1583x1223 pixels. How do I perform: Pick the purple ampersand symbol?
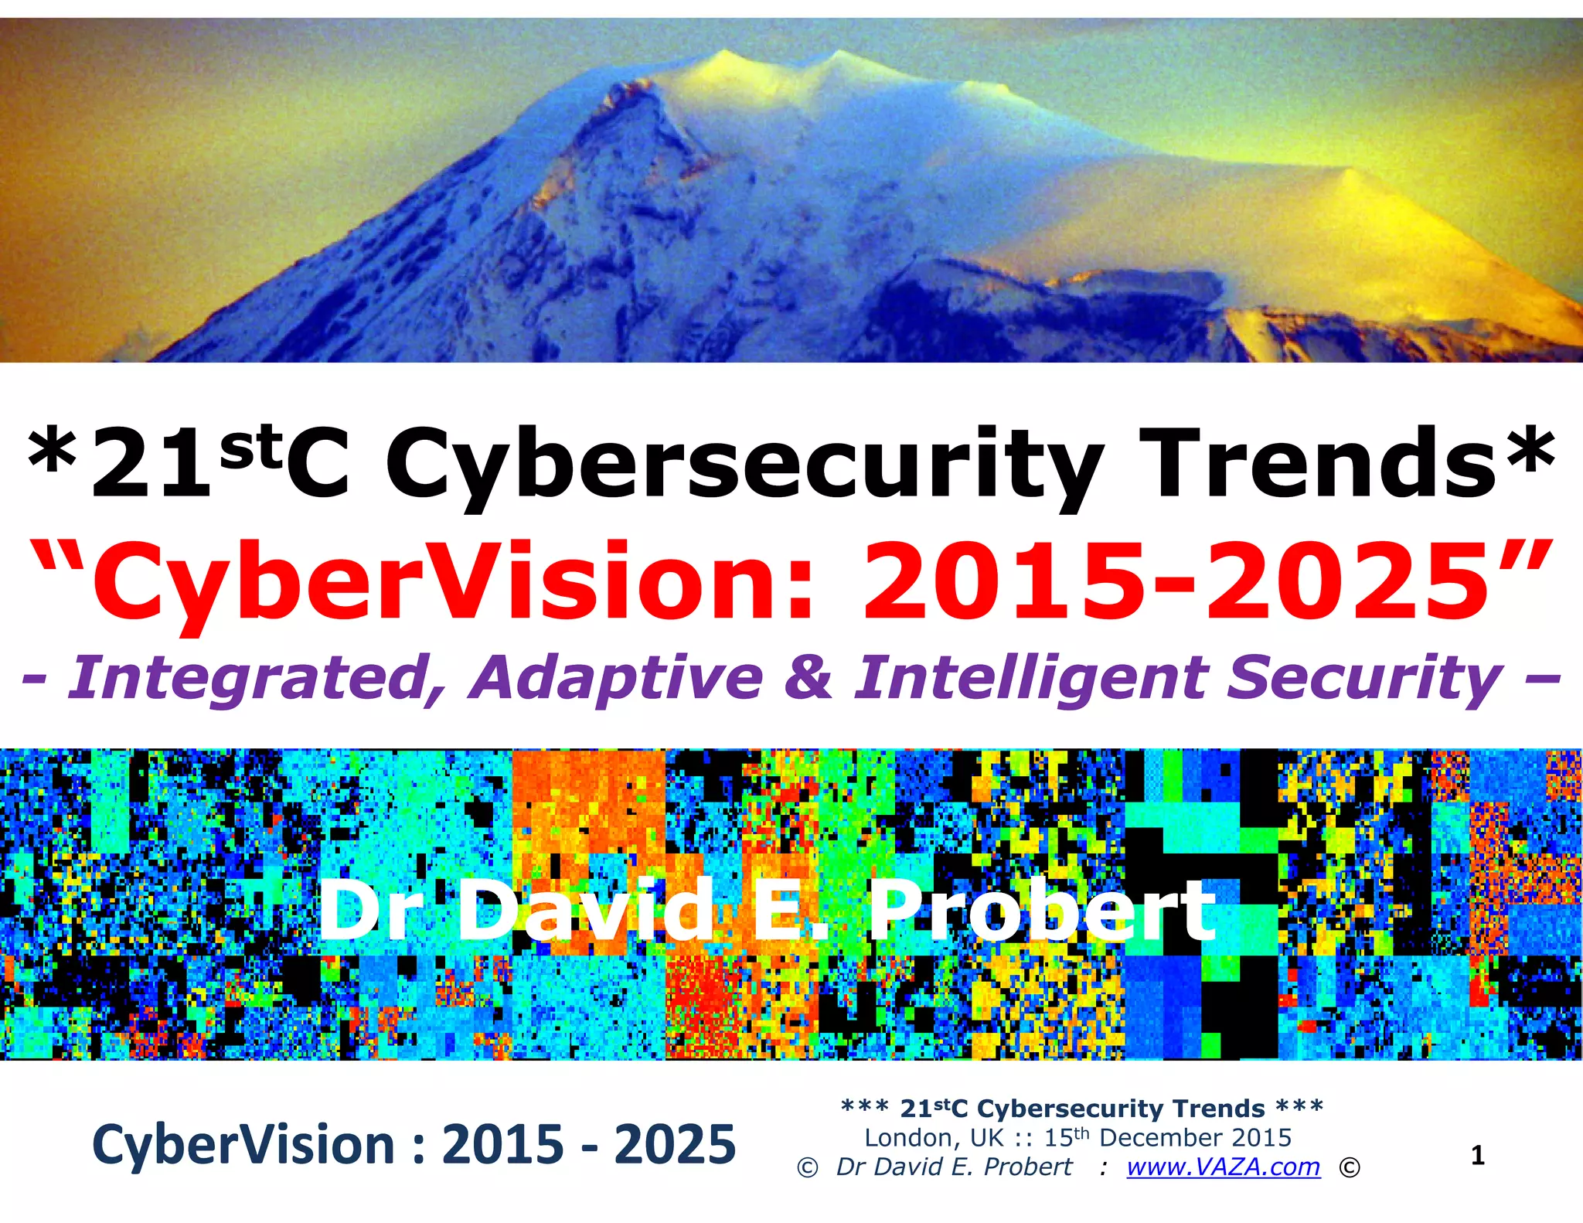808,677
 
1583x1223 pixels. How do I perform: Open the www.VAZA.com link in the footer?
1223,1167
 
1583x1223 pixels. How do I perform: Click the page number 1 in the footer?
1478,1156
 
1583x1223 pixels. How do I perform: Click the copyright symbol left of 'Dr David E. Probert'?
807,1167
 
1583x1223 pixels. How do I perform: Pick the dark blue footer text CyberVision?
243,1145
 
